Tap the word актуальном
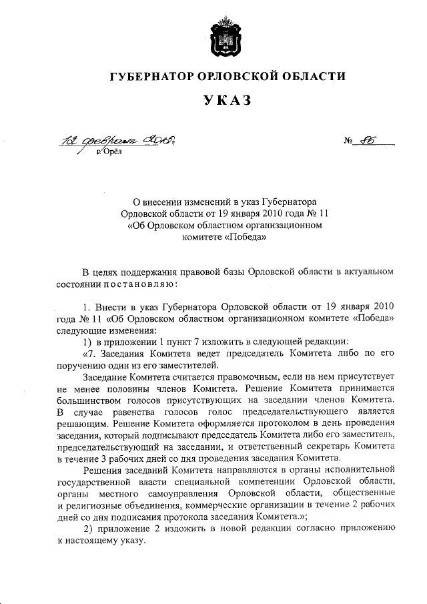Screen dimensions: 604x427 366,273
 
